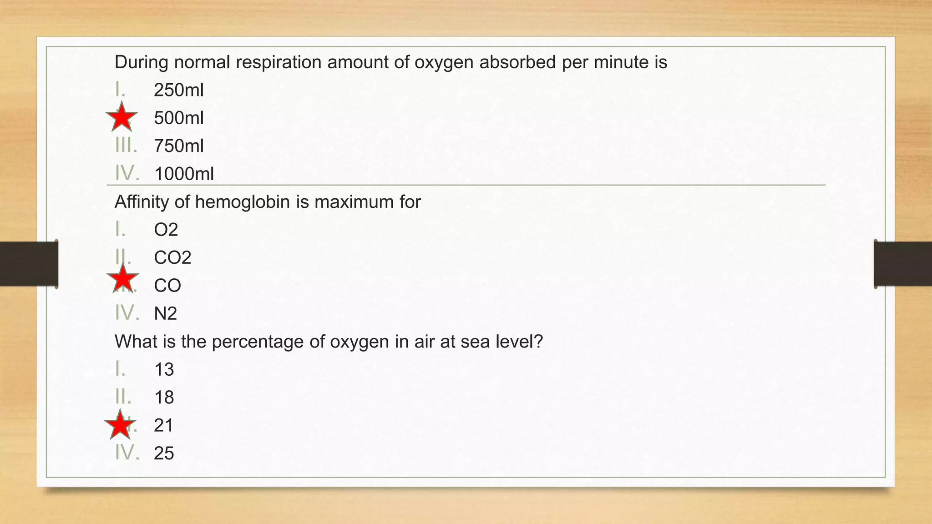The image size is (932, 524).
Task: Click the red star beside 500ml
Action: click(x=122, y=117)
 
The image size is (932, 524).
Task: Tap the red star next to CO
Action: click(x=122, y=278)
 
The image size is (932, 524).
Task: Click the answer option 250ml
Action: click(x=178, y=90)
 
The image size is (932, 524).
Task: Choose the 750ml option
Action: click(x=178, y=146)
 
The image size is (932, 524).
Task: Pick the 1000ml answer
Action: click(x=184, y=174)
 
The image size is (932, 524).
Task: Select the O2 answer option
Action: click(x=166, y=230)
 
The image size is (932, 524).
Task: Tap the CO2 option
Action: click(x=172, y=257)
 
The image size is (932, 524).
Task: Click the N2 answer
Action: click(x=165, y=313)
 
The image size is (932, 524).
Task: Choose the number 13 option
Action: click(x=164, y=369)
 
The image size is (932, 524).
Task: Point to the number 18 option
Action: click(x=164, y=398)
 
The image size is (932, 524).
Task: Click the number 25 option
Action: click(x=164, y=453)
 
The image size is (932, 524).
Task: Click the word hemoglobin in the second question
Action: click(x=243, y=202)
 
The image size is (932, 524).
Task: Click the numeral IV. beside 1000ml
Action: click(x=127, y=173)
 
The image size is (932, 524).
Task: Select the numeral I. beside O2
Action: click(x=120, y=229)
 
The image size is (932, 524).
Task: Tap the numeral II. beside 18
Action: click(x=123, y=397)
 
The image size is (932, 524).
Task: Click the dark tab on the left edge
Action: click(x=29, y=264)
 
